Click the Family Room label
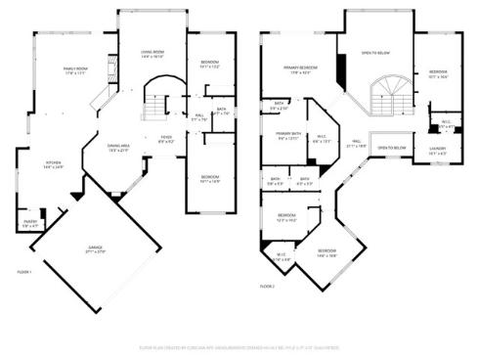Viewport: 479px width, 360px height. click(x=76, y=70)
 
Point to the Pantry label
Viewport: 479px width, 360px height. click(x=31, y=223)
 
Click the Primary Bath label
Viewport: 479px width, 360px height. click(x=287, y=136)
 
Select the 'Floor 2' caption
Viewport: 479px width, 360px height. click(x=267, y=286)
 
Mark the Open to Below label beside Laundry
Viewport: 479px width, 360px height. click(x=391, y=148)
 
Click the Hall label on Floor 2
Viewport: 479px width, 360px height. click(x=359, y=143)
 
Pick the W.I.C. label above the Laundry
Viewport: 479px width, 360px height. click(x=445, y=125)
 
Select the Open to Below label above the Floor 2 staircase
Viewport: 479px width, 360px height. click(x=375, y=53)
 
